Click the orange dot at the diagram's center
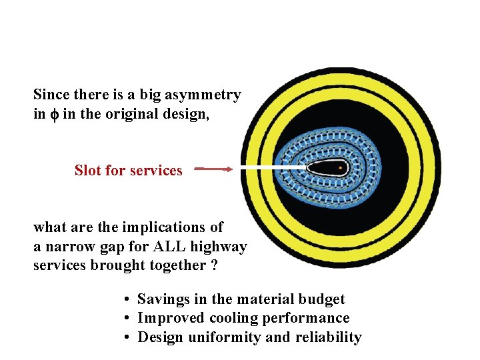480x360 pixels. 341,168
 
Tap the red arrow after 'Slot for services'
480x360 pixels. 214,169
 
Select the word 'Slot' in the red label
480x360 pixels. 87,171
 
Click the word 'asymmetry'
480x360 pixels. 208,95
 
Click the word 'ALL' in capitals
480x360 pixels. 169,247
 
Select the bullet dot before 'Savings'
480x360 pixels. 126,300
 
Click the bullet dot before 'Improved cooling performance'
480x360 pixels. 126,319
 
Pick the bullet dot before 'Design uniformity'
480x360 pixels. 126,337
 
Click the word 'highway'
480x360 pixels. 219,247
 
